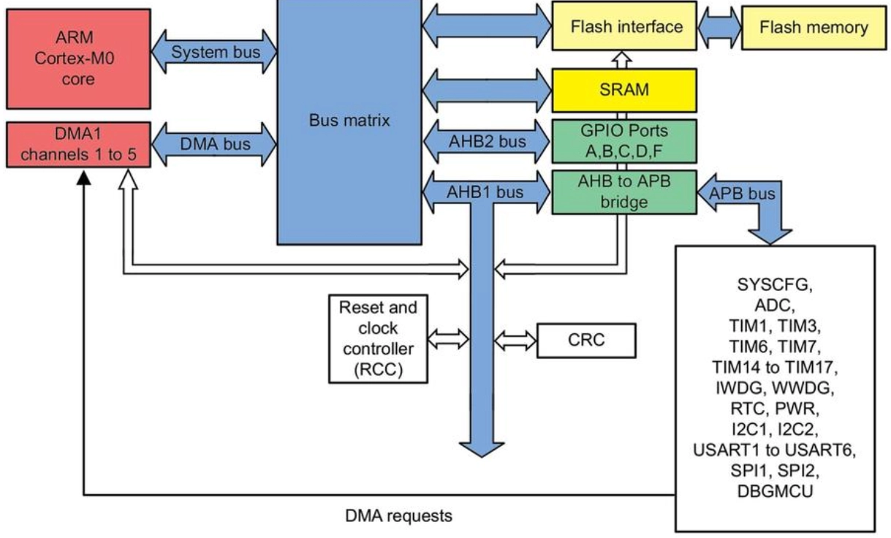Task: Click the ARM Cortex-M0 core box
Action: pos(78,58)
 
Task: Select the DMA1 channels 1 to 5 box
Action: pos(78,145)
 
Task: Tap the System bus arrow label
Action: pos(216,52)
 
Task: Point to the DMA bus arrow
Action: pos(214,144)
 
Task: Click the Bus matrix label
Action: pos(349,120)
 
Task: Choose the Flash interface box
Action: pos(624,26)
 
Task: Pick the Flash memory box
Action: pos(814,28)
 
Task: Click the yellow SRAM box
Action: pos(624,91)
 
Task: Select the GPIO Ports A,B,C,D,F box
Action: pos(624,141)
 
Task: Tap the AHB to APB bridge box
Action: pos(624,192)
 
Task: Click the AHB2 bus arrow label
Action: pos(488,142)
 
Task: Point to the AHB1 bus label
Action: pos(485,192)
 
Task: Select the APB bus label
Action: pos(742,194)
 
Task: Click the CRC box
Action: pos(586,340)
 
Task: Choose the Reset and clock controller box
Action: pos(379,338)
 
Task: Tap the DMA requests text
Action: pos(398,516)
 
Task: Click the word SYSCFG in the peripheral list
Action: pos(775,285)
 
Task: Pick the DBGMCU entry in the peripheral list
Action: pos(775,491)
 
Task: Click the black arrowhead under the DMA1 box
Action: pos(83,178)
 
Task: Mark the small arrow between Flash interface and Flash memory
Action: pos(719,28)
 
